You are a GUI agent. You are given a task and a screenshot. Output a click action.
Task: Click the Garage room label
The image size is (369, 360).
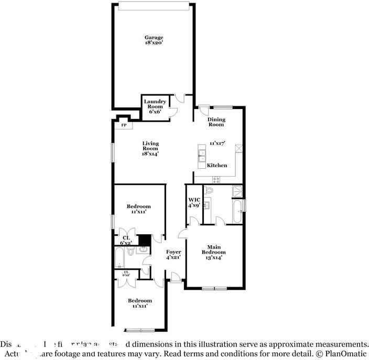(x=154, y=37)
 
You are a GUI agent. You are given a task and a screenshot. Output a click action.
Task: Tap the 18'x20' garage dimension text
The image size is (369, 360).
(x=154, y=43)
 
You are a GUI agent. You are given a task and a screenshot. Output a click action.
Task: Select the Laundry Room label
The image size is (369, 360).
(x=155, y=106)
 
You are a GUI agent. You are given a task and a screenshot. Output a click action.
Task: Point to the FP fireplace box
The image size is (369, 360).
(x=124, y=125)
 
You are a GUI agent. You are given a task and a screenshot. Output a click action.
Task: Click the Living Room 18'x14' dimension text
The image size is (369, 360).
(x=149, y=154)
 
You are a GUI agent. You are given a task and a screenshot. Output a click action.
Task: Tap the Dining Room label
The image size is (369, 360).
(x=216, y=122)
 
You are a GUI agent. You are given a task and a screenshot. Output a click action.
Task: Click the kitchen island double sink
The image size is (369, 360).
(x=201, y=155)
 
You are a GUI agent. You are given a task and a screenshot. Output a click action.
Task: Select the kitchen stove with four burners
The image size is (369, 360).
(x=215, y=180)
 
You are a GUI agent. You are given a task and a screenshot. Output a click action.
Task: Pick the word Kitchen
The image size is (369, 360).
(x=217, y=166)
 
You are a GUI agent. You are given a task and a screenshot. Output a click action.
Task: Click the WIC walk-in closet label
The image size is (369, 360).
(x=194, y=202)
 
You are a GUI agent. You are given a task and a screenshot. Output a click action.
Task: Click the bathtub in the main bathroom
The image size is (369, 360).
(x=237, y=212)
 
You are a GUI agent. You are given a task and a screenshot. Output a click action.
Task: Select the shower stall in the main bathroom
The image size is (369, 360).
(x=237, y=191)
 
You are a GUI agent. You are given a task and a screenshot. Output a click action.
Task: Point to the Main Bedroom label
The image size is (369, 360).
(x=213, y=252)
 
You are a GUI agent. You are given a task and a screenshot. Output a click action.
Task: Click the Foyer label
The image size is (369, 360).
(x=173, y=255)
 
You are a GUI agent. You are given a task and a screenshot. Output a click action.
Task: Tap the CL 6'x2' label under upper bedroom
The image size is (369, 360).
(x=126, y=241)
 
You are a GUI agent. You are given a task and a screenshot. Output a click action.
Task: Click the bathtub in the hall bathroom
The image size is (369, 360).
(x=120, y=257)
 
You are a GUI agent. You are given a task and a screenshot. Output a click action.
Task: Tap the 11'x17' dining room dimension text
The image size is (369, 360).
(x=216, y=143)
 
